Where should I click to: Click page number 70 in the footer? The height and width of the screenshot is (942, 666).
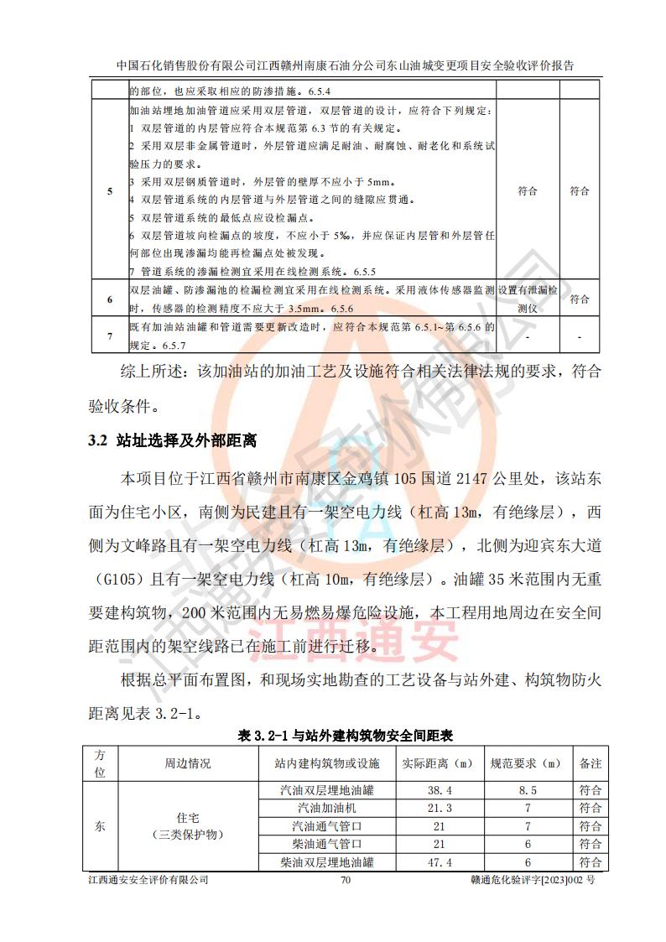tap(344, 880)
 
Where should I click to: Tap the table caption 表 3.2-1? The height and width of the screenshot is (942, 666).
tap(346, 736)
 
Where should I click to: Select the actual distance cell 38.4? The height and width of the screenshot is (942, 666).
tap(440, 790)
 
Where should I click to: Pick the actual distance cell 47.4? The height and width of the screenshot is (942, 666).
tap(440, 862)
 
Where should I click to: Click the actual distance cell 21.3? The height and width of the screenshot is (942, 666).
tap(440, 808)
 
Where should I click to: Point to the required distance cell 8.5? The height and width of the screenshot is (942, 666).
tap(528, 790)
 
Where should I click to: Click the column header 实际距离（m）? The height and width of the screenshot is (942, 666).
tap(440, 763)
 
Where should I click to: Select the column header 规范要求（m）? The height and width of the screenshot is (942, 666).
tap(528, 763)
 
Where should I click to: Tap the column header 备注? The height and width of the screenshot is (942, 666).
tap(591, 763)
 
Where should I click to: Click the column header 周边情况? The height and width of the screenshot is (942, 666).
tap(187, 763)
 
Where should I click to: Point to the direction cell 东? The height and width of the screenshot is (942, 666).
tap(100, 825)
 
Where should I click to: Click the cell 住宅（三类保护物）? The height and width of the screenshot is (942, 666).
tap(187, 825)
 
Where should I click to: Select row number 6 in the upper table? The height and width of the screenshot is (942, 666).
tap(109, 299)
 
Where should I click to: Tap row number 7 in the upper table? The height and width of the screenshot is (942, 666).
tap(109, 336)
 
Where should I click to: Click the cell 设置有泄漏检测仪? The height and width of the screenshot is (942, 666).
tap(528, 299)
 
